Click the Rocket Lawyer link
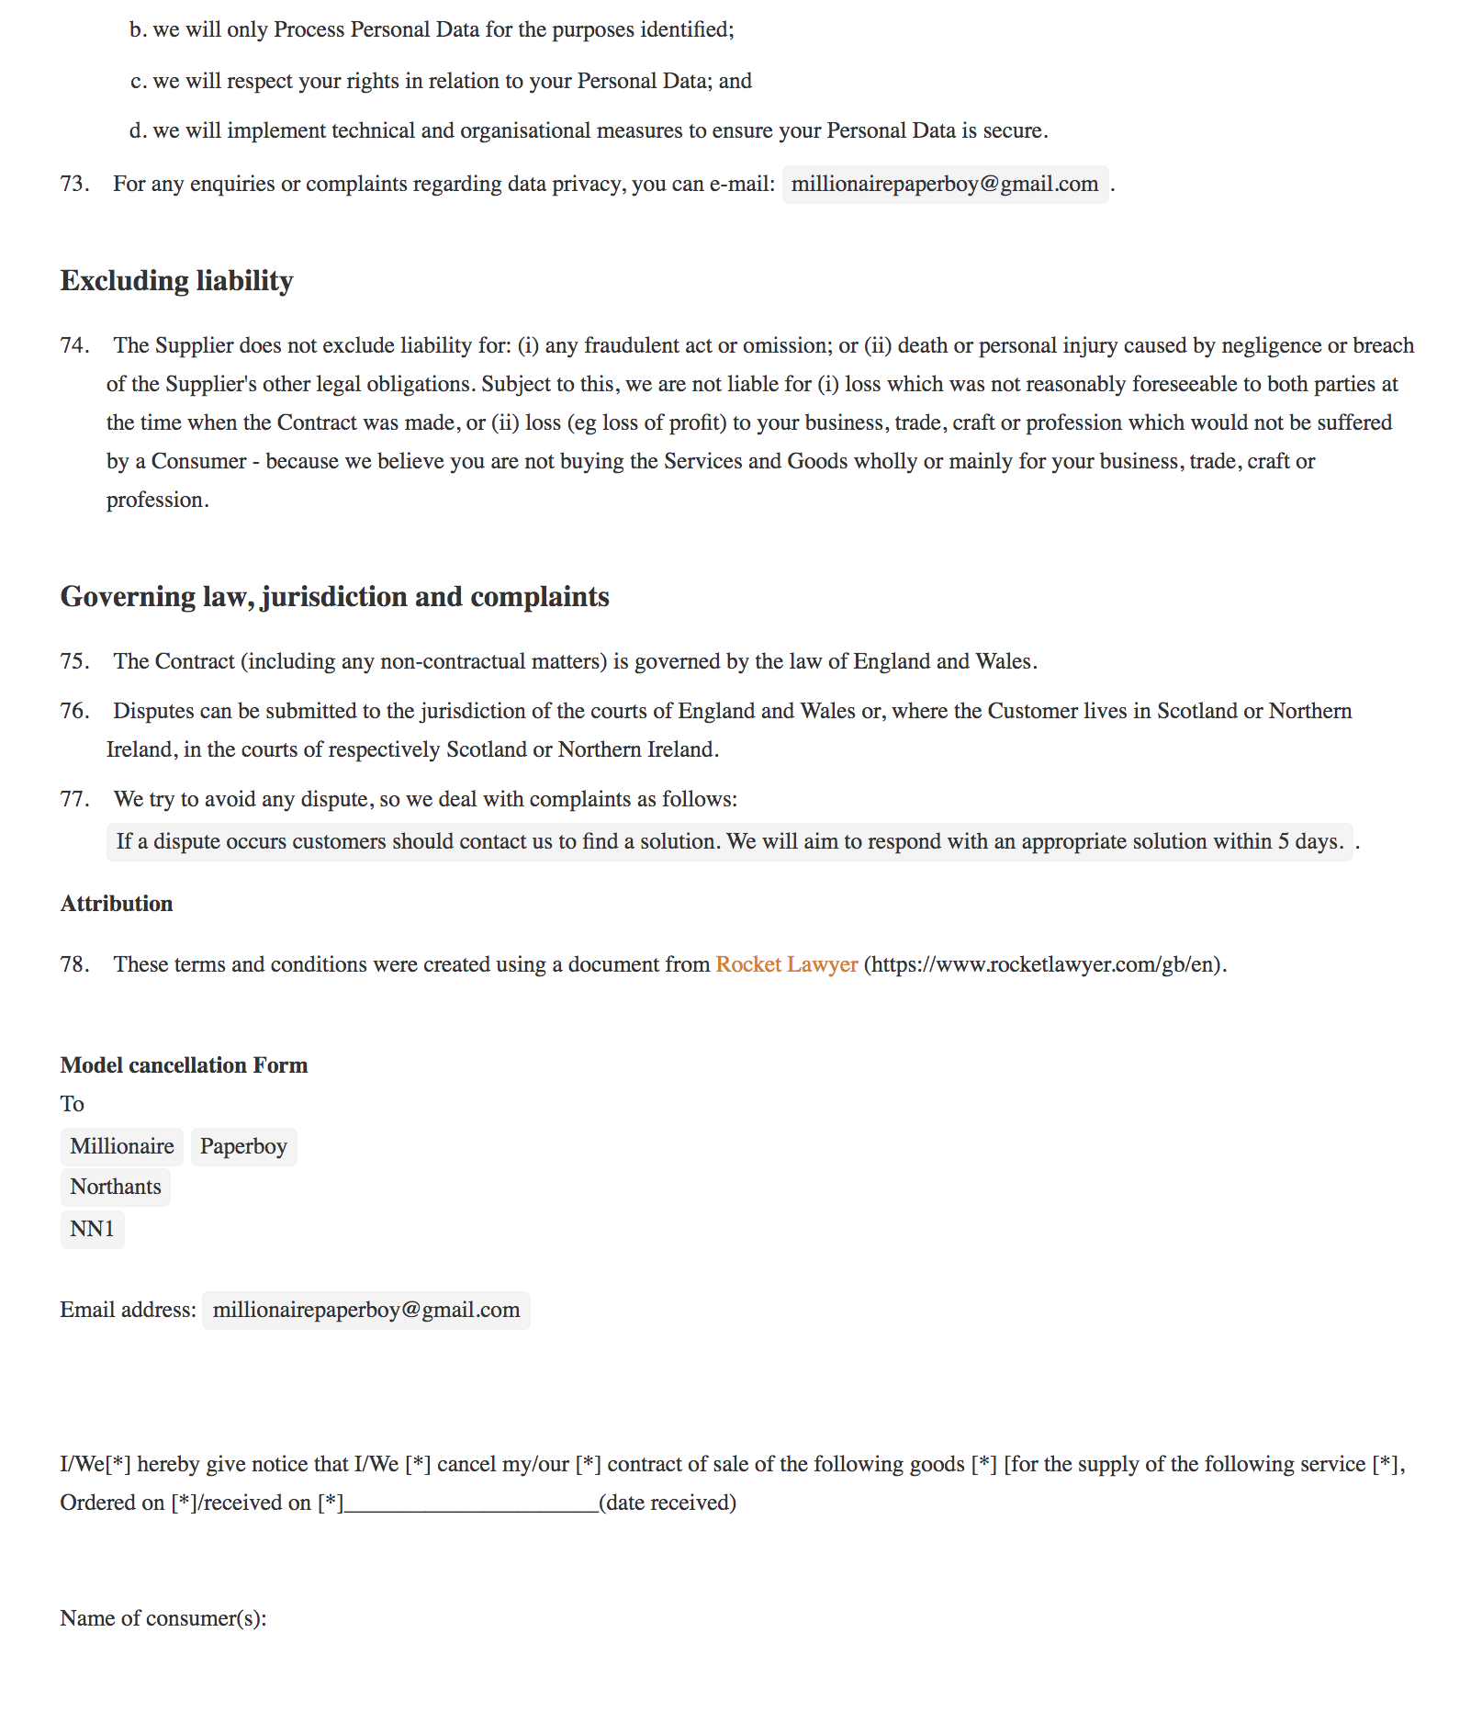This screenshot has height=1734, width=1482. coord(786,964)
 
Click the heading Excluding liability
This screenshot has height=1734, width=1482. coord(176,281)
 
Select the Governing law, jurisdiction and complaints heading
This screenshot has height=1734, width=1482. coord(334,597)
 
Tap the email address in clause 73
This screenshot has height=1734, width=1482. coord(945,185)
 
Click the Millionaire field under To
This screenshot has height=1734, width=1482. coord(122,1146)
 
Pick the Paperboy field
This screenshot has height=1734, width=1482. coord(243,1146)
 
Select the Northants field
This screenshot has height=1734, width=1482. coord(116,1187)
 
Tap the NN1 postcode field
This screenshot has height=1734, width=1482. coord(92,1229)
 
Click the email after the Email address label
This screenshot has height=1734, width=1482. coord(366,1310)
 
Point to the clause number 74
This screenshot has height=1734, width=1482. coord(74,346)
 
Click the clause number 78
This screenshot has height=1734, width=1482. coord(74,964)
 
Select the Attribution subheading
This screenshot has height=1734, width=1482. coord(117,904)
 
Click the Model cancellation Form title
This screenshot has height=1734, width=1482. coord(184,1065)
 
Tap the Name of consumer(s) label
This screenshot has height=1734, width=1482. coord(163,1618)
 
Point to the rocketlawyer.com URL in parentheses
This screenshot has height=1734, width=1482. coord(1045,964)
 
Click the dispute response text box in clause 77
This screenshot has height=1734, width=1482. coord(730,841)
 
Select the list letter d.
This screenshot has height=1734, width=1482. coord(138,131)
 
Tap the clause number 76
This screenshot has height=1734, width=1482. coord(74,712)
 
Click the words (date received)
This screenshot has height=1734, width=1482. coord(668,1503)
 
